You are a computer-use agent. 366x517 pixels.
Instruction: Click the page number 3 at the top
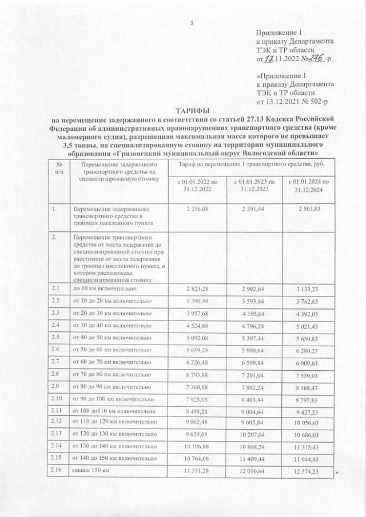coord(192,23)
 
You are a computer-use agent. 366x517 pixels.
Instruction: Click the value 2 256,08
coord(197,210)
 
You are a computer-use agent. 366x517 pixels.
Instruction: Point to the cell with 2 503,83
coord(309,210)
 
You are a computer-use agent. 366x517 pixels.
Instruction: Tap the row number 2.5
coord(56,337)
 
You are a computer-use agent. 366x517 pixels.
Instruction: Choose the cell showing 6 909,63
coord(309,363)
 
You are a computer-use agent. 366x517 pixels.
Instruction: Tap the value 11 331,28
coord(197,471)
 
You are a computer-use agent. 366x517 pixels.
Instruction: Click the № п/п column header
coord(56,168)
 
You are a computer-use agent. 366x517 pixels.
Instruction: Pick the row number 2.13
coord(56,434)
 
